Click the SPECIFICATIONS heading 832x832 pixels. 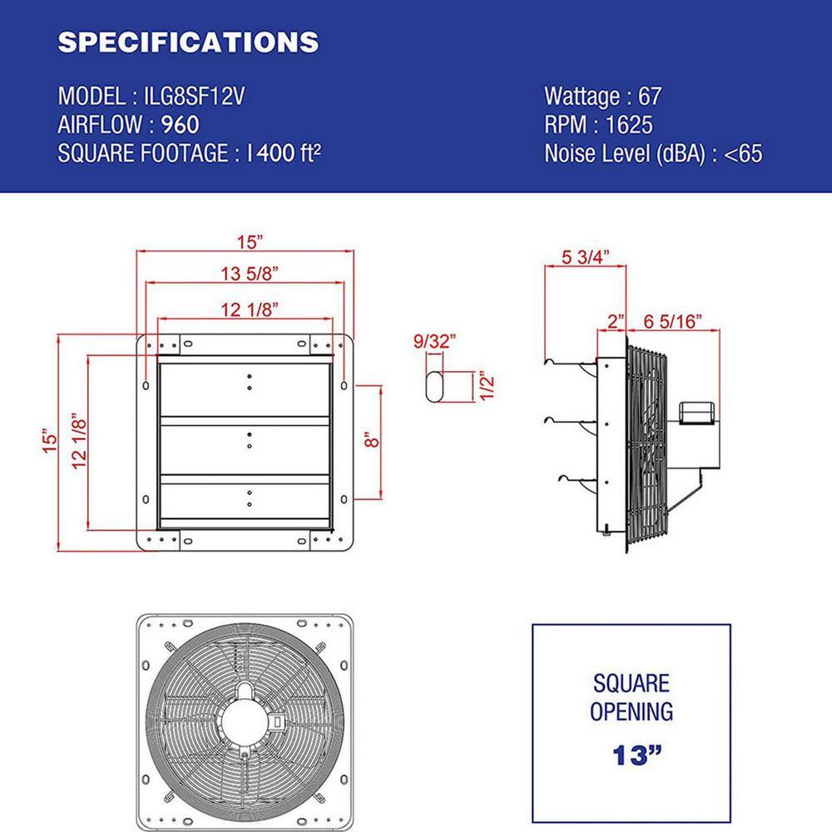[188, 42]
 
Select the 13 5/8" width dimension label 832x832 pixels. [245, 274]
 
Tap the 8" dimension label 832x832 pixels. [371, 438]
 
